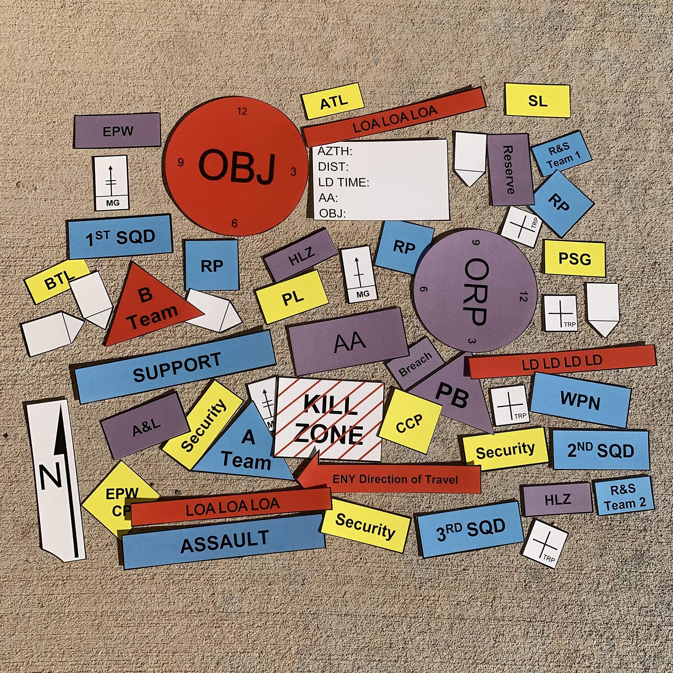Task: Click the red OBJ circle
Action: [236, 166]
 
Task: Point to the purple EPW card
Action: [118, 131]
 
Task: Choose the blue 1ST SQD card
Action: [120, 237]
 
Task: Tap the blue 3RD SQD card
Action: [470, 528]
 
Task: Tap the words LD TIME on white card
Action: [343, 182]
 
